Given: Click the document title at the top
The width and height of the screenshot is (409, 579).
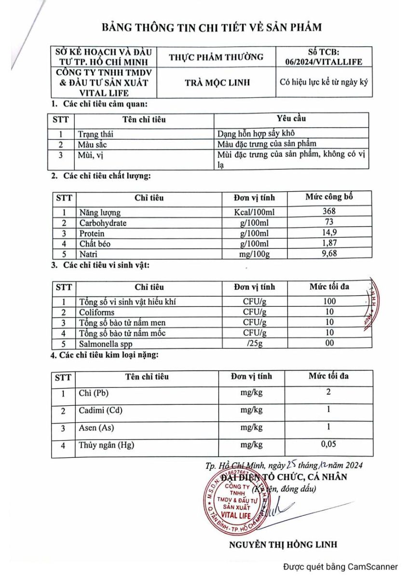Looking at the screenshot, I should point(211,27).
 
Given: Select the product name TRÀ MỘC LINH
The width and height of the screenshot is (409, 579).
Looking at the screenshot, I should point(218,83).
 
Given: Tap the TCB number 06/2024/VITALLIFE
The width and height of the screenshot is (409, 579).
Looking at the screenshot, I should point(323,62).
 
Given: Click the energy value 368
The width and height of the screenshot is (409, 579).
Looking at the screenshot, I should point(329,211).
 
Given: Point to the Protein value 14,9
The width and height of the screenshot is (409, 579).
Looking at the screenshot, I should point(329,233).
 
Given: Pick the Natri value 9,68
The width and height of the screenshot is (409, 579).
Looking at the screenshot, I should point(329,253).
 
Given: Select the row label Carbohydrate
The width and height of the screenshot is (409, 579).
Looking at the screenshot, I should point(103,223).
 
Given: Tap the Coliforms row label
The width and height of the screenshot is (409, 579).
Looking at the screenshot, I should point(96,312).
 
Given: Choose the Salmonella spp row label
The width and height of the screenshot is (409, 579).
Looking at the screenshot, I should point(106,344).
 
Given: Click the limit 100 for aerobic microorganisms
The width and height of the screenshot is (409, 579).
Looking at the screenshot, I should point(329,302).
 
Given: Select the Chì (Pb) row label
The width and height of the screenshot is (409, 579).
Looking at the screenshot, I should point(94,393).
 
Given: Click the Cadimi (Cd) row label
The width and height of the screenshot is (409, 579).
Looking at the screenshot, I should point(100,411).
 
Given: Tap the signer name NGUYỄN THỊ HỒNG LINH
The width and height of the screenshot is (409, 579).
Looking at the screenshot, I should point(283,544).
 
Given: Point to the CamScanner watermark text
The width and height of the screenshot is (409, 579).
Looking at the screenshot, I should point(341,567).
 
